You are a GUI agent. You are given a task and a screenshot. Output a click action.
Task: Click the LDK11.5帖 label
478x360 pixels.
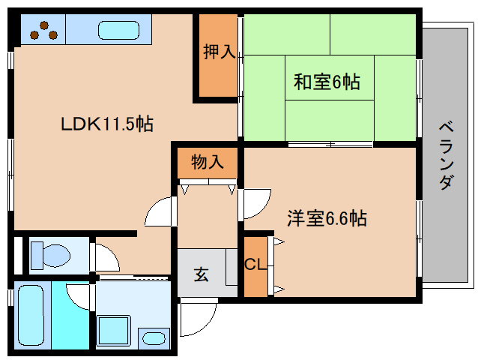tap(107, 124)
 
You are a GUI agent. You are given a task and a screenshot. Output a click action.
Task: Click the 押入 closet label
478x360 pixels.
tap(219, 52)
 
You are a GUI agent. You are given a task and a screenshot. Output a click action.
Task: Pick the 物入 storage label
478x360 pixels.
tap(207, 162)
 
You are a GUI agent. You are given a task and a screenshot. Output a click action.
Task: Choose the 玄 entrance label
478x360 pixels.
tap(202, 274)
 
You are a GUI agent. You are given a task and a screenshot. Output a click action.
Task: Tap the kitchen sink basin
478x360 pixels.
tap(118, 31)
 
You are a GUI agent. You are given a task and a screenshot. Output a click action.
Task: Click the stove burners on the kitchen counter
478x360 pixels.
tap(43, 29)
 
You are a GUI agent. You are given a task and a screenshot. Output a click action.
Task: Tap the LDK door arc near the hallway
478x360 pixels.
tap(160, 212)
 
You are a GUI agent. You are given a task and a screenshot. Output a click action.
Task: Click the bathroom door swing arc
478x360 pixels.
tap(78, 296)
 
